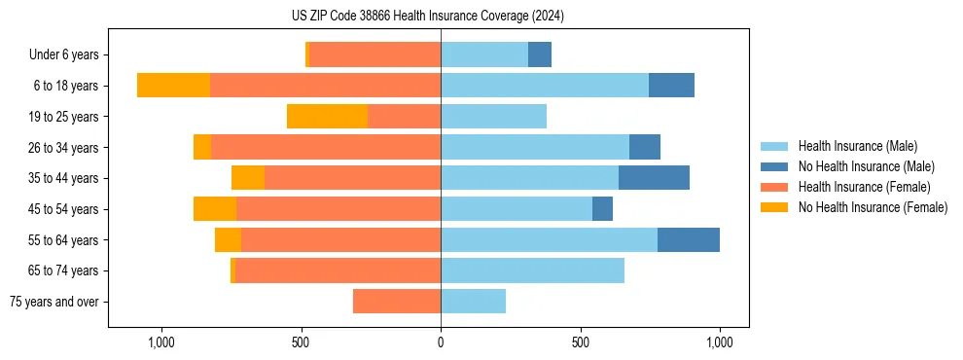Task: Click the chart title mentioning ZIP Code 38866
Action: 441,17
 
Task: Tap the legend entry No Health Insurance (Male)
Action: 866,166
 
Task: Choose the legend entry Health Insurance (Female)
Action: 864,187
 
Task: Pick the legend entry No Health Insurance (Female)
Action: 873,207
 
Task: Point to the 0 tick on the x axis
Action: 441,343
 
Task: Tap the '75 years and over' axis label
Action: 54,302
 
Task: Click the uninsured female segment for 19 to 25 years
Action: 327,117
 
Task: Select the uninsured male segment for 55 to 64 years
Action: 689,240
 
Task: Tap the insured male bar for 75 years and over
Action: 473,302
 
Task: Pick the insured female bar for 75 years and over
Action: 397,302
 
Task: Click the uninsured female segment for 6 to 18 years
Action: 173,86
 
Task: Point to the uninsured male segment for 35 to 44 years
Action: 654,178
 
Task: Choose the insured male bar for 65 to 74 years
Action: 532,270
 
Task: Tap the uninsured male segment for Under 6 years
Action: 540,55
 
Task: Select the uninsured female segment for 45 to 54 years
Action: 215,209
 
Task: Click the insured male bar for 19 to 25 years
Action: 493,117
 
